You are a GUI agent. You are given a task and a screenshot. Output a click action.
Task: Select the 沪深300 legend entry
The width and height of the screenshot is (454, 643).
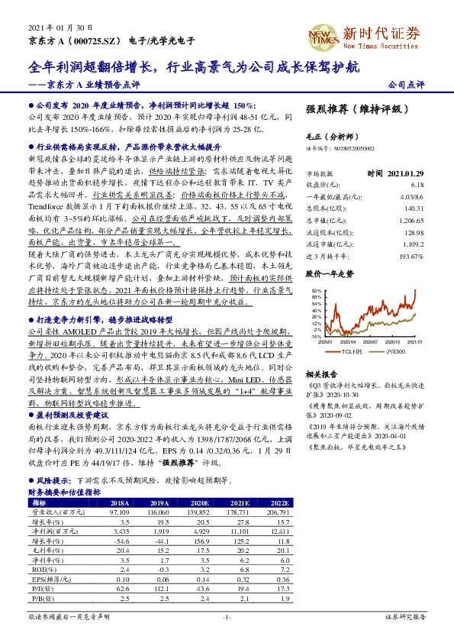(x=395, y=353)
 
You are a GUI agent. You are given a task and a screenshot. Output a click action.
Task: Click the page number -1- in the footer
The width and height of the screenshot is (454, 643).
(x=226, y=616)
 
